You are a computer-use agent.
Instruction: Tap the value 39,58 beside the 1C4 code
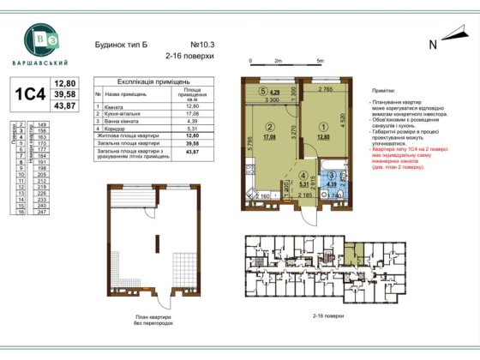[x=66, y=93]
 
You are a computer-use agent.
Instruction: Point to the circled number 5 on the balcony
[x=263, y=90]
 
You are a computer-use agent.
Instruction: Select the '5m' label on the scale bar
[x=320, y=62]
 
